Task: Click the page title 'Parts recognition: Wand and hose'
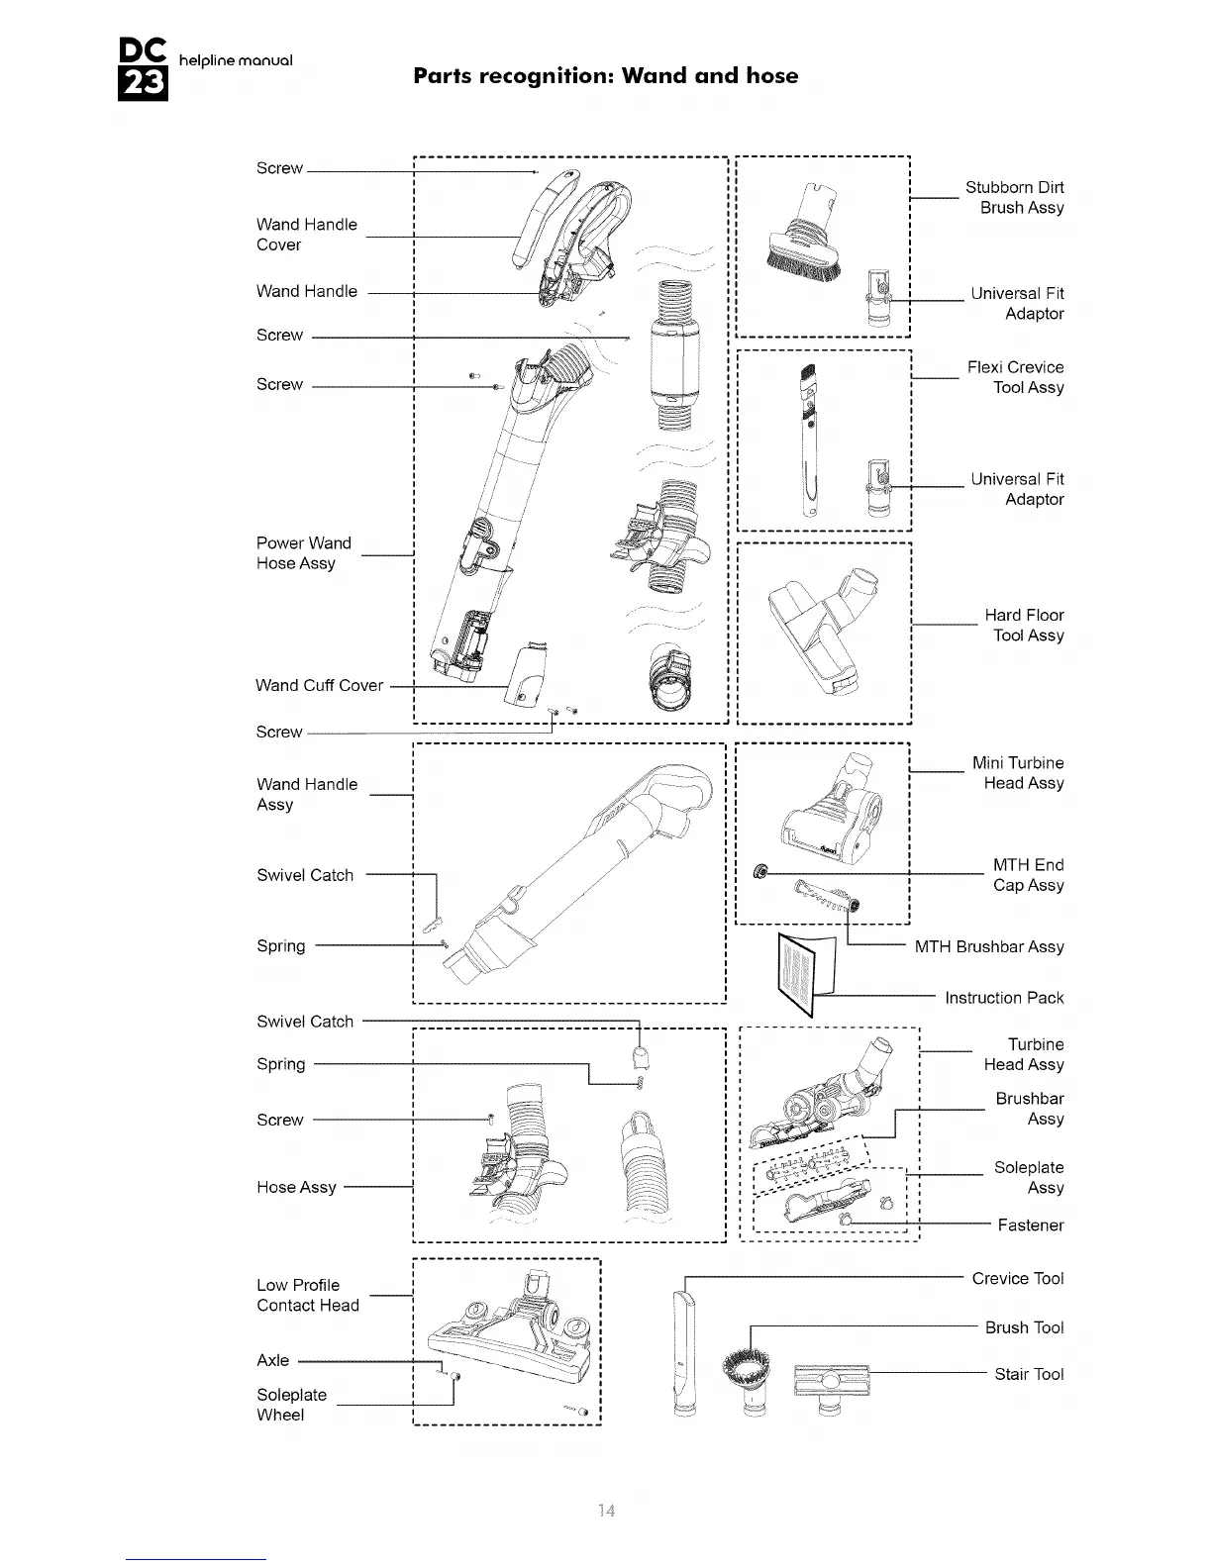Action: coord(605,76)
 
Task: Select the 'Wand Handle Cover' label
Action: coord(306,235)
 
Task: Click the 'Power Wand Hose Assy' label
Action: coord(303,553)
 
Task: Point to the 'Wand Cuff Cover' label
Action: coord(319,685)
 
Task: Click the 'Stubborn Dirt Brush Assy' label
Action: coord(1014,198)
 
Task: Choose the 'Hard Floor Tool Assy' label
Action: coord(1024,626)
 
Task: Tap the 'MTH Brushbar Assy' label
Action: coord(988,947)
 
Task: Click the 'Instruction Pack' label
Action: coord(1003,998)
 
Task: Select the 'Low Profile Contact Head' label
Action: coord(307,1295)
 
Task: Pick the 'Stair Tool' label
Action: coord(1029,1374)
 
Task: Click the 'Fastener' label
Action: coord(1030,1225)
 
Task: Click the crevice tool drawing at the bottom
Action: coord(680,1351)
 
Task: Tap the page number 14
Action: coord(606,1511)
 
